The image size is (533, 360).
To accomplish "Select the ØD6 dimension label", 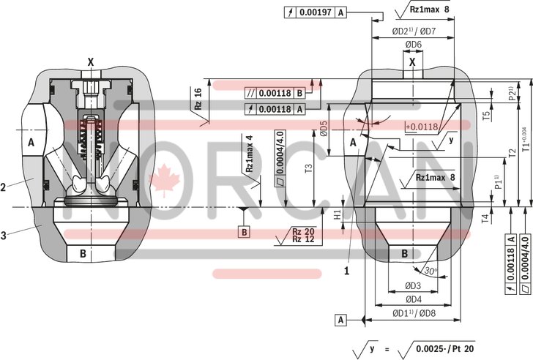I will click(x=414, y=45).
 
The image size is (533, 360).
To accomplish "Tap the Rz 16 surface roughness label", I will click(x=198, y=98).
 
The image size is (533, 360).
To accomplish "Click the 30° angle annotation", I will click(x=432, y=270).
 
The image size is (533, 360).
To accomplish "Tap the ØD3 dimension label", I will click(x=413, y=285).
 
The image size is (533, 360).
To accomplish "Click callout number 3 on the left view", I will click(x=5, y=235).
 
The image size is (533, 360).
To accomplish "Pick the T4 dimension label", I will click(x=485, y=218).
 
